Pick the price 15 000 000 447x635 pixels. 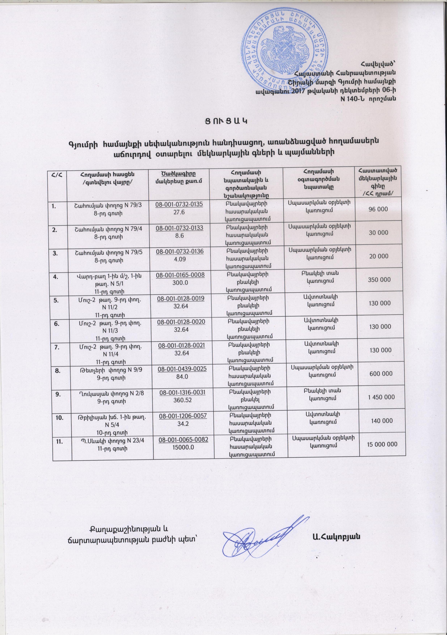(382, 444)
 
